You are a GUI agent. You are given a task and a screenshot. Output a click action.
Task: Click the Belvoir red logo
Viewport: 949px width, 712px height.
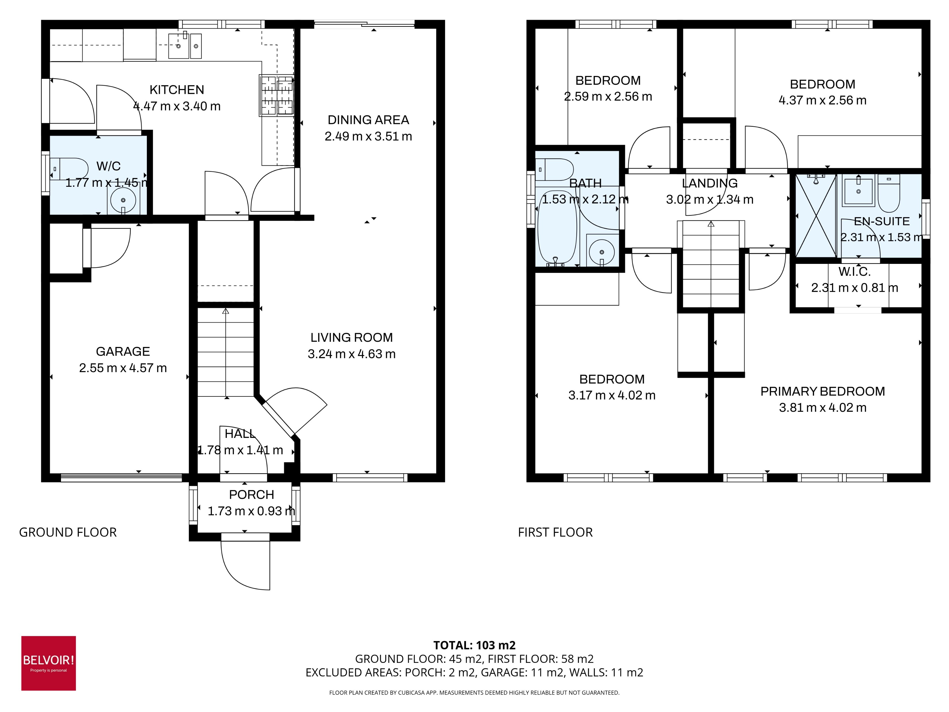click(49, 663)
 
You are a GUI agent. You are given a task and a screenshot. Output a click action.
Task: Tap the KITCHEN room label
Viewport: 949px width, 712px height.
click(177, 90)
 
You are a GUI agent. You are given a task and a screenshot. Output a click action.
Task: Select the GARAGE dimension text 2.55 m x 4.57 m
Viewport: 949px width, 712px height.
click(123, 368)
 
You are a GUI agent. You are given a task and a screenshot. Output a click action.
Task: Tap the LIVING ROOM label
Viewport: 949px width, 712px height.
click(351, 337)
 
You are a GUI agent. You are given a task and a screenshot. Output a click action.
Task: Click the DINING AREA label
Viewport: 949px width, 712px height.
click(368, 120)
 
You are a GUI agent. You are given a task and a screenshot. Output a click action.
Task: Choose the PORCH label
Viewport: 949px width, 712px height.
click(251, 494)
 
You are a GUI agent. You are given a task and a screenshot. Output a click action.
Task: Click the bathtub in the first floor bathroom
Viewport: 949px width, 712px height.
click(557, 227)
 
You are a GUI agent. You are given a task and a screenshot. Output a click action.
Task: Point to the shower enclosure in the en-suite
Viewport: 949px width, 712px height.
click(816, 216)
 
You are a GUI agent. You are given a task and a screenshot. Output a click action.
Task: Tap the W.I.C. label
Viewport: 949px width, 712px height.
click(854, 272)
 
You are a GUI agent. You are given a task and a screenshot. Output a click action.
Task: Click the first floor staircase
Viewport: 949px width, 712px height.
click(711, 264)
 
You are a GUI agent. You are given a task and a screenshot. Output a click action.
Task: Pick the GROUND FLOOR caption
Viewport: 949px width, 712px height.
click(68, 532)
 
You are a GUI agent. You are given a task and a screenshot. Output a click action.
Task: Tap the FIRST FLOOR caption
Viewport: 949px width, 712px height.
click(555, 532)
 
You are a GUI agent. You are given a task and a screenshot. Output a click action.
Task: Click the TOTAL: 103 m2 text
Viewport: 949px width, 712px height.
click(474, 645)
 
